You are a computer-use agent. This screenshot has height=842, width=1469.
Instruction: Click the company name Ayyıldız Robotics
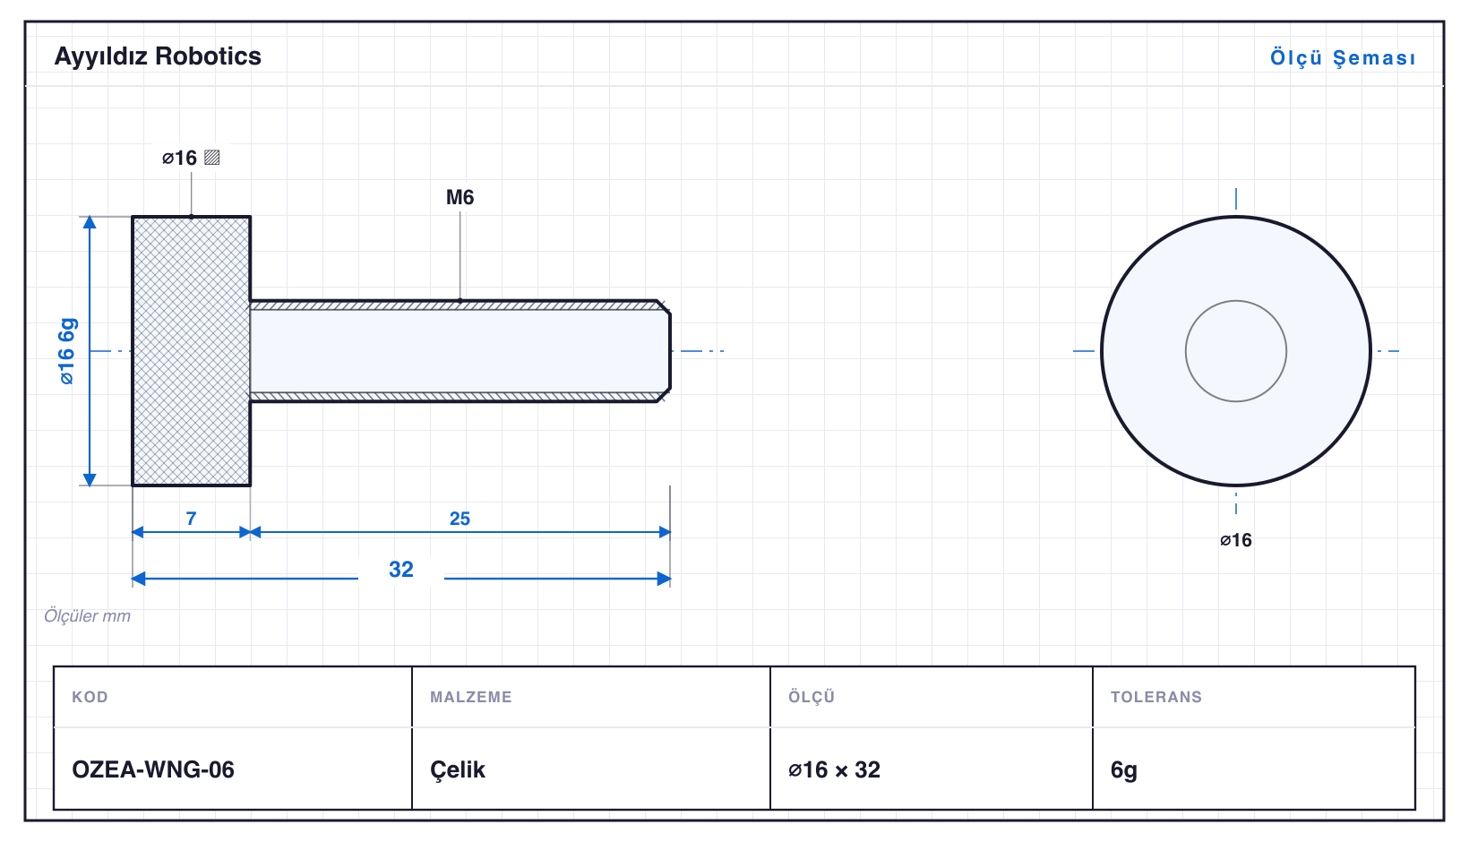(158, 56)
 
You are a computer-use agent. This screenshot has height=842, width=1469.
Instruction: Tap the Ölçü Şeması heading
(1343, 57)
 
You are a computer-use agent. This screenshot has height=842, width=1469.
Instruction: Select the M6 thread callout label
(460, 197)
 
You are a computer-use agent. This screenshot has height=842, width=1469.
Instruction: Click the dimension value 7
(191, 519)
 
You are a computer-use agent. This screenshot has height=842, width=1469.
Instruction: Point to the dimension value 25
(460, 519)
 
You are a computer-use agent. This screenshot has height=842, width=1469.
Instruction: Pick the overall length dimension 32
(400, 569)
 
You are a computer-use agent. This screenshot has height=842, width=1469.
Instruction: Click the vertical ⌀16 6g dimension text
(67, 351)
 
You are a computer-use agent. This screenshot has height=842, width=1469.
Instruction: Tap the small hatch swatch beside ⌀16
(211, 158)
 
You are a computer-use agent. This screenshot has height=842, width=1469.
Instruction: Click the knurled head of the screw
(191, 351)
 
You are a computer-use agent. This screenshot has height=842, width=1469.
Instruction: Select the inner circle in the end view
(1235, 301)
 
